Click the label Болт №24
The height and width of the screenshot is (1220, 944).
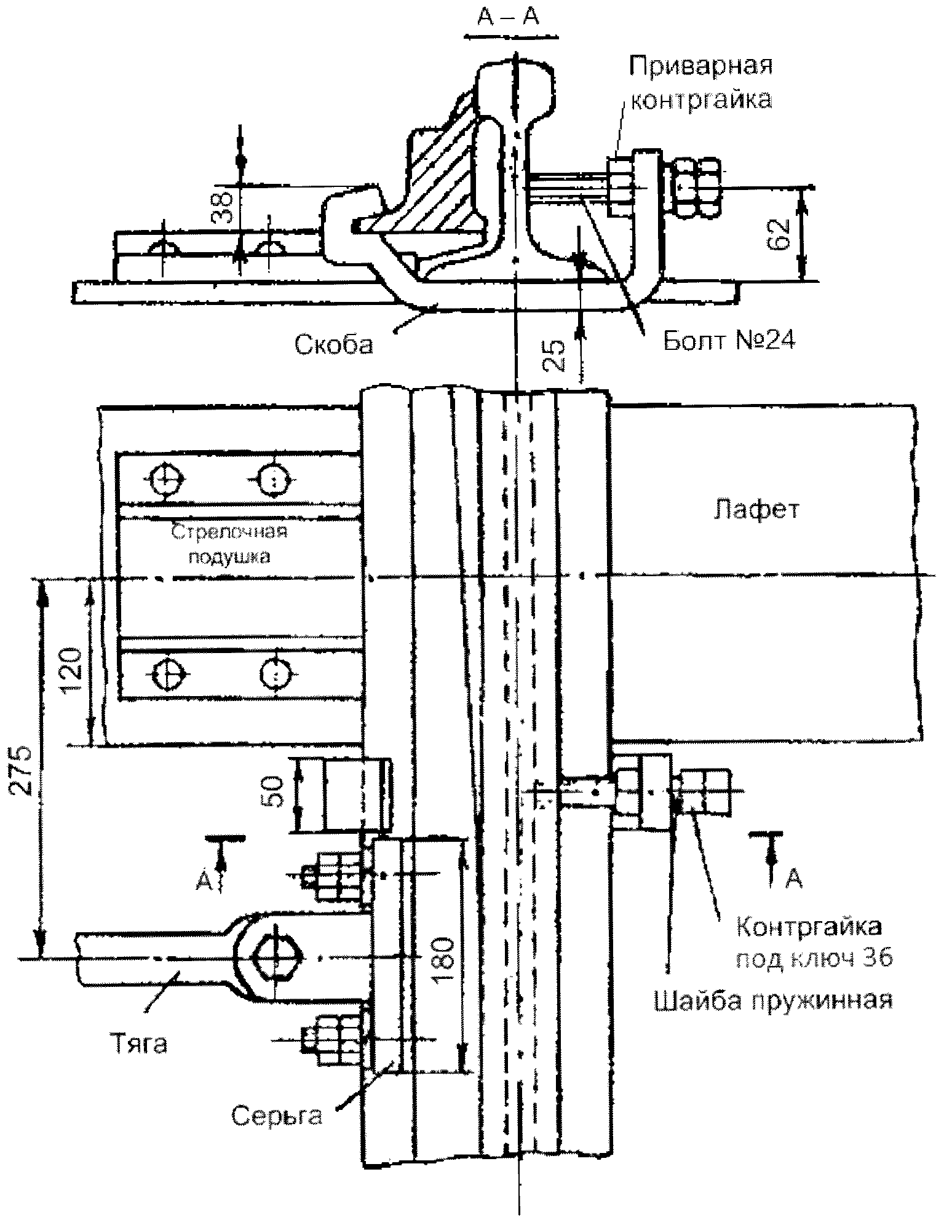point(728,341)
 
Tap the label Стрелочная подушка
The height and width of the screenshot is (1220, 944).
point(229,544)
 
